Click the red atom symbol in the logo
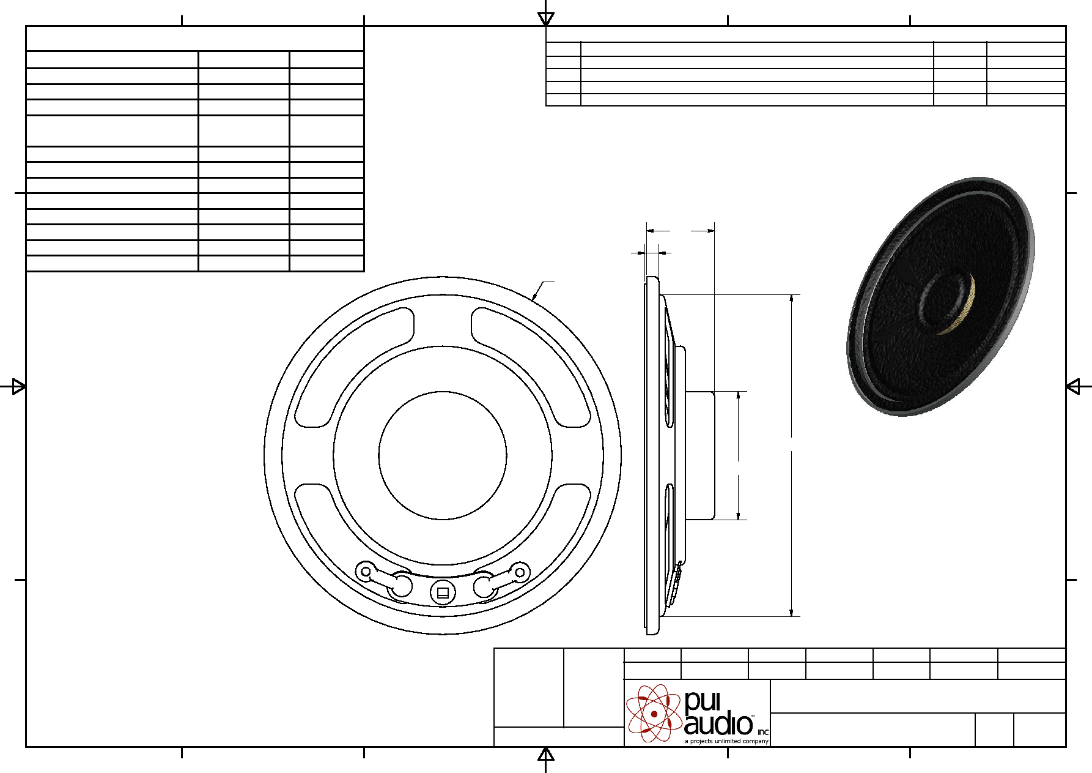point(654,713)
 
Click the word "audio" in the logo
point(718,724)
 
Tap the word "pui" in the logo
point(703,702)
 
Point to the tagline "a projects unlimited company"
point(726,741)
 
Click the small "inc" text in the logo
point(763,732)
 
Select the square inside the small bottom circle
point(443,592)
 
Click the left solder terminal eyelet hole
point(366,572)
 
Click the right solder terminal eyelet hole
point(520,572)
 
